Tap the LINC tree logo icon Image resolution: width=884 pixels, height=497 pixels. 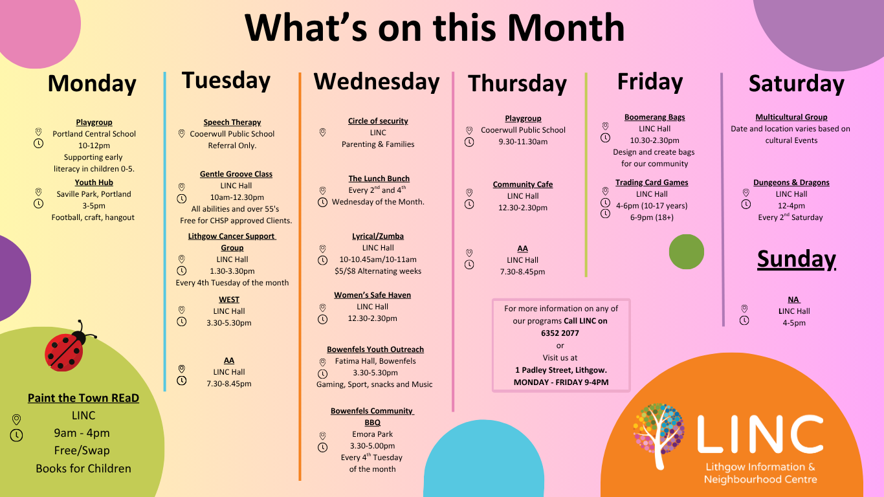658,434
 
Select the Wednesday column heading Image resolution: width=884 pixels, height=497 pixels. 376,82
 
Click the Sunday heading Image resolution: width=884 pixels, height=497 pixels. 796,259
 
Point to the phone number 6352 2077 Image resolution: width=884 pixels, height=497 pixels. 560,333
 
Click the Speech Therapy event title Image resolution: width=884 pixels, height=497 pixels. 232,122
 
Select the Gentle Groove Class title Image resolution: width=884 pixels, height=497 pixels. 236,174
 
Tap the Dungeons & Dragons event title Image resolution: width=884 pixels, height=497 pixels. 791,182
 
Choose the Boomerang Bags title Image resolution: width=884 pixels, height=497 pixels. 654,117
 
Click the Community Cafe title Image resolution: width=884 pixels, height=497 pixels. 522,184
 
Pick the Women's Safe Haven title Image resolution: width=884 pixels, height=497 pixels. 372,295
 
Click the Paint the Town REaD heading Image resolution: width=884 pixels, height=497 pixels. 83,398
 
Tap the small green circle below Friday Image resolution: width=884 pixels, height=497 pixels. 686,252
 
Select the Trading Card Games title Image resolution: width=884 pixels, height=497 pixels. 651,182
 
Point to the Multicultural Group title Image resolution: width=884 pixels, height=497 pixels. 791,117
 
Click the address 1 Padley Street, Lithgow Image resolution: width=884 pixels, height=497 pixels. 560,370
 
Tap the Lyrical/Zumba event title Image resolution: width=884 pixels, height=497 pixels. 377,236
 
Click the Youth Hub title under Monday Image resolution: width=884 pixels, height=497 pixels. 94,182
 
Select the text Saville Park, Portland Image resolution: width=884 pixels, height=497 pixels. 94,194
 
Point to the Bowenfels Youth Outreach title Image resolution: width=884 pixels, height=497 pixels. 375,349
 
